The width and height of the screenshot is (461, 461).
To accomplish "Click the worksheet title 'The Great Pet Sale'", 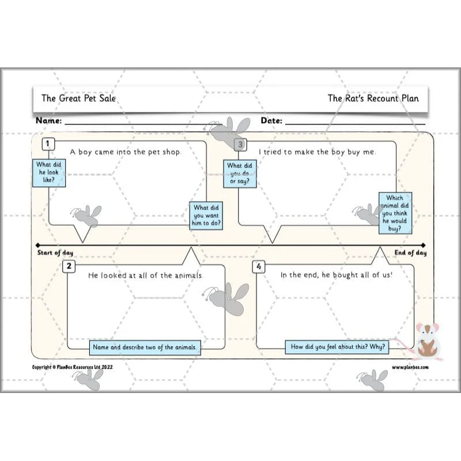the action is coord(78,98).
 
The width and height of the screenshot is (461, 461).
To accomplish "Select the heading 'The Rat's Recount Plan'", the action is coord(373,98).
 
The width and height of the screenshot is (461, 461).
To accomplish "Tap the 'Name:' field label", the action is coord(49,120).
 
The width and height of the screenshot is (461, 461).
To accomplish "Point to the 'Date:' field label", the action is coord(271,120).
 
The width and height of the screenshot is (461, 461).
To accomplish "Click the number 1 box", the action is coord(48,144).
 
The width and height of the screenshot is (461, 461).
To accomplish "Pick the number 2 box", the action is coord(69,266).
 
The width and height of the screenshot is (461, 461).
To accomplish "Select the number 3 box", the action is coord(240,145).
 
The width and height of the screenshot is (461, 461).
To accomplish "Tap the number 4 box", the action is coord(259,266).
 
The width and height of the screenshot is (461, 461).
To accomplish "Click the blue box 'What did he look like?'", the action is coord(49,173).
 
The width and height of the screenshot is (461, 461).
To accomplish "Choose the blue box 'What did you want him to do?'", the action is coord(206,216).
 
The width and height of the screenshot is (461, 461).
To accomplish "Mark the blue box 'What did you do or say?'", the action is coord(240,174).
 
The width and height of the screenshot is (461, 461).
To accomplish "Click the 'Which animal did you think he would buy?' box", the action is coord(395,213).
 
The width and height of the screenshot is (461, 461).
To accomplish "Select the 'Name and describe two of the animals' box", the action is coord(145,347).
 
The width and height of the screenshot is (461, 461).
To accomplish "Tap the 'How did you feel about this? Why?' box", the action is coord(337,347).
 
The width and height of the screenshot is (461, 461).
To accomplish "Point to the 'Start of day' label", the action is coord(55,253).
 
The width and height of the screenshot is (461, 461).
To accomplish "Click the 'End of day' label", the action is coord(410,253).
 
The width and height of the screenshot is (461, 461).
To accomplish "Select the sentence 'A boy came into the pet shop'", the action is coord(125,152).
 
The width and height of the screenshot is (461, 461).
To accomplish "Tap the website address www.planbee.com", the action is coord(410,367).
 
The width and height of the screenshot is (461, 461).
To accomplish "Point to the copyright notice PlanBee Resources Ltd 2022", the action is coord(73,367).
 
